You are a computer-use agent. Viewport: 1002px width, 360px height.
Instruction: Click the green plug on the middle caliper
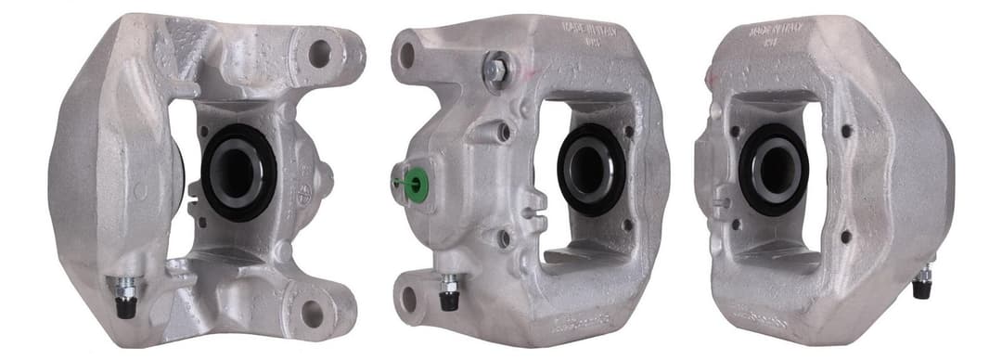click(x=415, y=181)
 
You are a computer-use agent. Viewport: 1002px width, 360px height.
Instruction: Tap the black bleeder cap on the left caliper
click(x=125, y=306)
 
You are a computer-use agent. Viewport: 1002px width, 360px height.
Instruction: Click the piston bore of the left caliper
click(x=238, y=173)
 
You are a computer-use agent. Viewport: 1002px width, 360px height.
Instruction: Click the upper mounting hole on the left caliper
click(x=319, y=54)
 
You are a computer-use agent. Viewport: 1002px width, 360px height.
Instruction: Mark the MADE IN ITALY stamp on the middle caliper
click(x=588, y=31)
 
